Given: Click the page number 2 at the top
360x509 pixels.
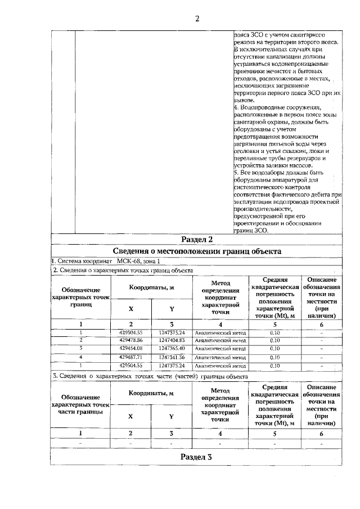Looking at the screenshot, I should point(197,19).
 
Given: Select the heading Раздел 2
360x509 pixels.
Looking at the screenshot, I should point(196,240).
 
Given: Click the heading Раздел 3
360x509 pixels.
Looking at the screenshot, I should point(196,456).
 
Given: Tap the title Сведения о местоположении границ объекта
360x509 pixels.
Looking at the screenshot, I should point(196,251).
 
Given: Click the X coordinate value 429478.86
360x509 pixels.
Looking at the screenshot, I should point(131,340).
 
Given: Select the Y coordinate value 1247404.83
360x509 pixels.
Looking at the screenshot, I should point(172,340).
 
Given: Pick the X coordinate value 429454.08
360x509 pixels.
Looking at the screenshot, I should point(131,349).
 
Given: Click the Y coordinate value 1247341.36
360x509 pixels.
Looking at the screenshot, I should point(172,357).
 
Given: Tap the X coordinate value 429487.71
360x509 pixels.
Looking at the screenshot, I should point(131,357).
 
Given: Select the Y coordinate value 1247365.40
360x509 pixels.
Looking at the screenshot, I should point(172,349).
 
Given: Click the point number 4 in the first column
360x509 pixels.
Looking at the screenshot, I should point(81,357).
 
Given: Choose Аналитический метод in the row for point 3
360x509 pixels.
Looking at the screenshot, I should point(220,349).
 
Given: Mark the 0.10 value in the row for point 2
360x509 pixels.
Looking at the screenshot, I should point(275,340).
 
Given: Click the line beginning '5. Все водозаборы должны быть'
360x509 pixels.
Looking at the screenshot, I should point(279,173).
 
